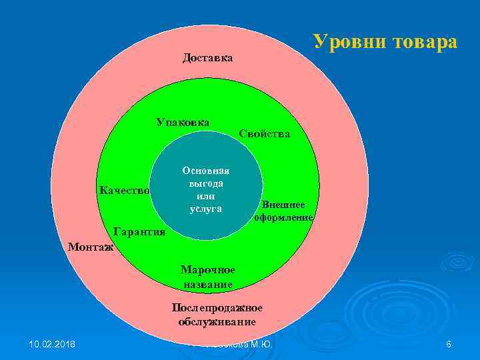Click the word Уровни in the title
[x=350, y=42]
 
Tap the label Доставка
[x=207, y=58]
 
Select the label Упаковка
[x=183, y=122]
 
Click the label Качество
[x=125, y=191]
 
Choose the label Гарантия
[x=139, y=232]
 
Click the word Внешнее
[x=283, y=205]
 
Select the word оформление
[x=283, y=217]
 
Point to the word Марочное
[x=207, y=270]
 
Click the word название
[x=207, y=284]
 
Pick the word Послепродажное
[x=217, y=308]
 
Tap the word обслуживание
[x=217, y=321]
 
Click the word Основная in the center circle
[x=205, y=170]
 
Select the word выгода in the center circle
[x=205, y=183]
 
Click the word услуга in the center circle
[x=205, y=209]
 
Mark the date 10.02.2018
[x=52, y=344]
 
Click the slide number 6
[x=449, y=344]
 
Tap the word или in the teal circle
[x=205, y=196]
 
